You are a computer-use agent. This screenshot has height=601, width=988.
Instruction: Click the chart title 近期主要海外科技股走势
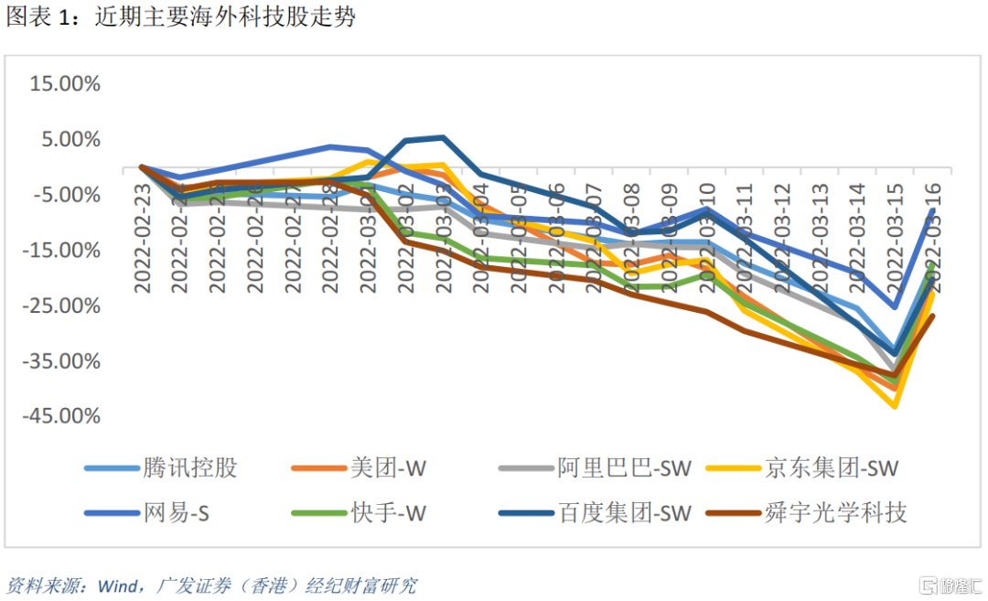225,17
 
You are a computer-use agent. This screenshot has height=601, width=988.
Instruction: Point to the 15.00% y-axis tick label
65,84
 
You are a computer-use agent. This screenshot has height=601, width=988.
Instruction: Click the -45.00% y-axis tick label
61,416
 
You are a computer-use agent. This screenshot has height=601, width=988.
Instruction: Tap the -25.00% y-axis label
61,306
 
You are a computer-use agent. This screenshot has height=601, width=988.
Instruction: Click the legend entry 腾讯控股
190,468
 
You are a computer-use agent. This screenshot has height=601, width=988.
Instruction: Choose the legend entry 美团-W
388,468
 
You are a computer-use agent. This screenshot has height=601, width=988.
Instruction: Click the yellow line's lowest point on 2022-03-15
896,406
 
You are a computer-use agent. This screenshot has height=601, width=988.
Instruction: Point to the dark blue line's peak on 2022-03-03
443,138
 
